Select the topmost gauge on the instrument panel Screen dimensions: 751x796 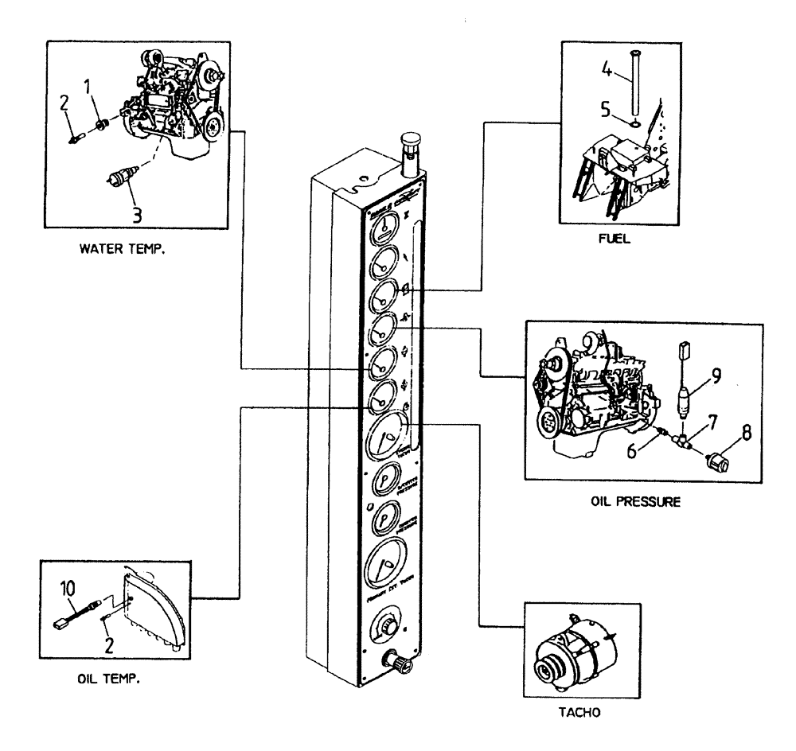point(383,231)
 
